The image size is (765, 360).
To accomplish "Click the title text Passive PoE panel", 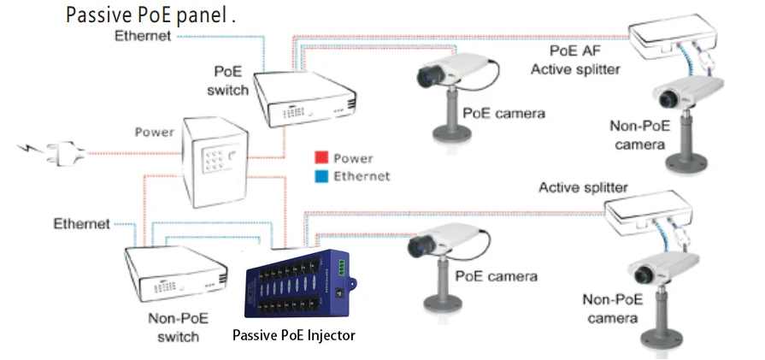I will click(150, 15).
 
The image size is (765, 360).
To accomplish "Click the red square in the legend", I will click(321, 158).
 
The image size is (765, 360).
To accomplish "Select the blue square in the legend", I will click(321, 176).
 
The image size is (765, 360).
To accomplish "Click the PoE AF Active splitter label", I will click(576, 61).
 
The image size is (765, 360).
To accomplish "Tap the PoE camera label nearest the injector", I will click(496, 276).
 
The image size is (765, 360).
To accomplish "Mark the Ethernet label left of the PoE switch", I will click(144, 36).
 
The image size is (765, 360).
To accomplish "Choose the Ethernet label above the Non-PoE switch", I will click(81, 224).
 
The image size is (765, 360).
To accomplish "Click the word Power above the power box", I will click(155, 133).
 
